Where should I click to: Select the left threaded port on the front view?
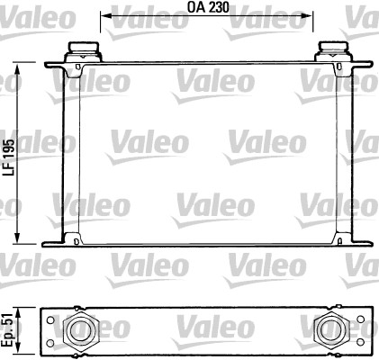pyautogui.click(x=80, y=49)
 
